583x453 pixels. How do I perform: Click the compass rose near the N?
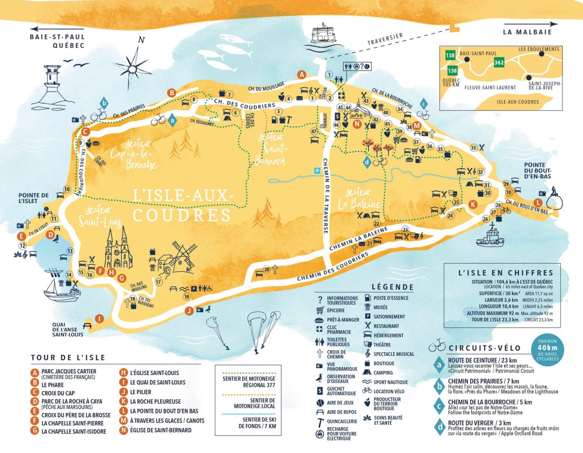(x=133, y=69)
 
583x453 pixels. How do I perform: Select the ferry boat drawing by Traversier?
(x=323, y=33)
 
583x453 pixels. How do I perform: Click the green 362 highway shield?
(x=499, y=63)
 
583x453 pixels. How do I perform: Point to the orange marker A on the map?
(x=302, y=74)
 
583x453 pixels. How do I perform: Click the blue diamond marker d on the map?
(x=367, y=162)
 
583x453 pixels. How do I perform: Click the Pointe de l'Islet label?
(x=33, y=198)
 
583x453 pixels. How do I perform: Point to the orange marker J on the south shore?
(x=189, y=311)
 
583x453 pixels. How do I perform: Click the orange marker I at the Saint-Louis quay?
(x=99, y=319)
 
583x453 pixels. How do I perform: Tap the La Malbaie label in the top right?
(x=527, y=32)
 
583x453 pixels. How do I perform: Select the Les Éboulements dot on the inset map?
(x=541, y=54)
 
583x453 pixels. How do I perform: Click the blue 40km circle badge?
(x=547, y=349)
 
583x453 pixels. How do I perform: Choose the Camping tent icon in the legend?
(x=367, y=373)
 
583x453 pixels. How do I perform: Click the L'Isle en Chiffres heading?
(x=506, y=272)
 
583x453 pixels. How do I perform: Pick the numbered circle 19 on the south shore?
(x=187, y=297)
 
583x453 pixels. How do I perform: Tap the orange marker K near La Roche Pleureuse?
(x=473, y=204)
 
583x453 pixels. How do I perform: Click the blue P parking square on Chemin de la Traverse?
(x=317, y=171)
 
